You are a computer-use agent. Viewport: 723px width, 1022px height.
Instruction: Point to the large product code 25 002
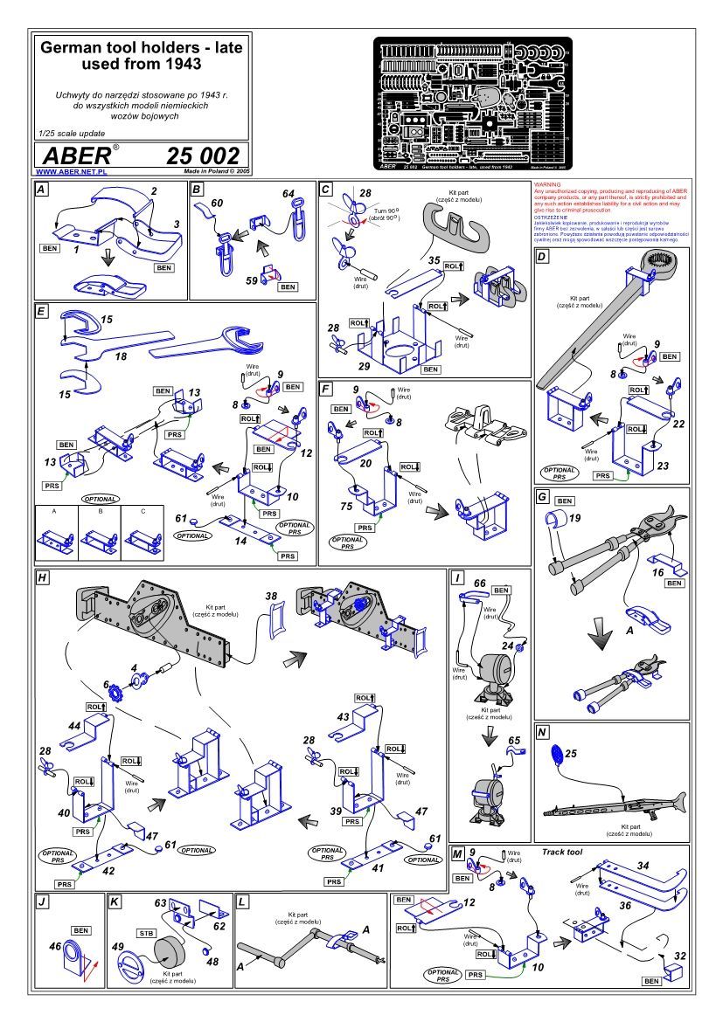coord(202,155)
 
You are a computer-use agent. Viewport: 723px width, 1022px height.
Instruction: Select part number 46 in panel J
coord(56,945)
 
